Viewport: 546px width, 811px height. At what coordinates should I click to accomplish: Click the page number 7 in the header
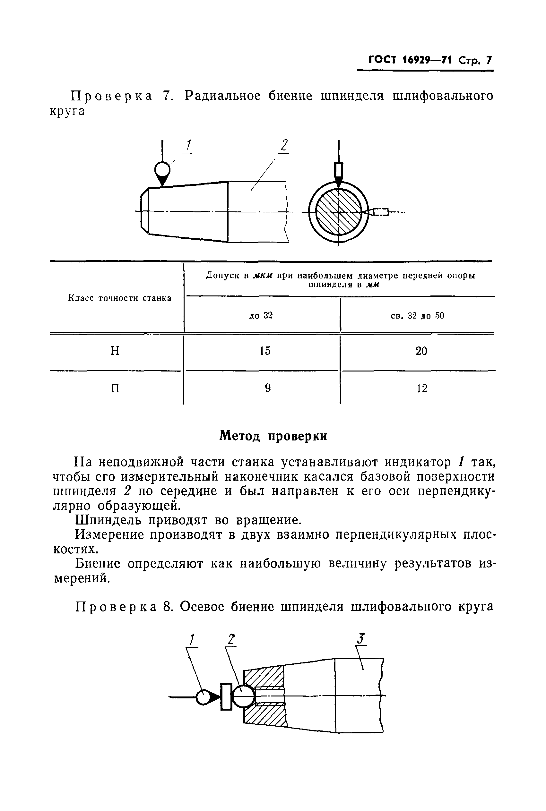point(489,61)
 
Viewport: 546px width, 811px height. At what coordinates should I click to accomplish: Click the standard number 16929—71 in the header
point(427,61)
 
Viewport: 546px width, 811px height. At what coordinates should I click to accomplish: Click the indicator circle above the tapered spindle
point(162,170)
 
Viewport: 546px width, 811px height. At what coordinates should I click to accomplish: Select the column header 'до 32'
point(261,315)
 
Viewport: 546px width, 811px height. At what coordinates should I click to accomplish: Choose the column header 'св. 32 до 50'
point(418,316)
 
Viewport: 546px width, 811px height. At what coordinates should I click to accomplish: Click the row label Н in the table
point(115,351)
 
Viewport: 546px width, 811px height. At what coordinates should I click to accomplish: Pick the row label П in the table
point(115,388)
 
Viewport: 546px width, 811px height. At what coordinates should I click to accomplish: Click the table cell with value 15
point(265,351)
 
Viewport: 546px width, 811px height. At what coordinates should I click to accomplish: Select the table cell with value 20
point(421,351)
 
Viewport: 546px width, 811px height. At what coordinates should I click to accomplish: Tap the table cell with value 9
point(267,388)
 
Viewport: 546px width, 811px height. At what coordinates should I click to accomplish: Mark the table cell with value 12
point(422,388)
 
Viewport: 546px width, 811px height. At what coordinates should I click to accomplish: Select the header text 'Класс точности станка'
point(119,298)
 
